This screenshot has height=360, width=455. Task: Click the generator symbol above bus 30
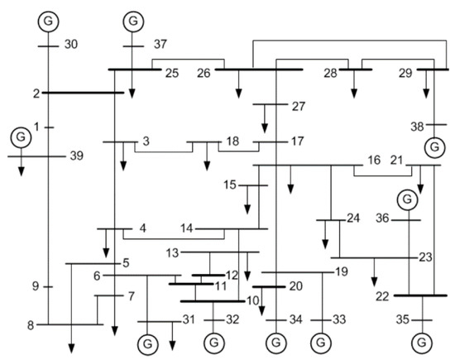(x=49, y=18)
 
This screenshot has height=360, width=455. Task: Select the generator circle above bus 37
(x=132, y=18)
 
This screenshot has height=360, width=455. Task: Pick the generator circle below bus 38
(x=432, y=147)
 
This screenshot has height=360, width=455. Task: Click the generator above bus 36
(x=406, y=199)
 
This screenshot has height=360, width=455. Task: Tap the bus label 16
(x=374, y=159)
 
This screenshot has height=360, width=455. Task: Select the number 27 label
(x=299, y=106)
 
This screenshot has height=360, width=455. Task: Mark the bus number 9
(x=36, y=286)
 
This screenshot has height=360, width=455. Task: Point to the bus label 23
(x=425, y=257)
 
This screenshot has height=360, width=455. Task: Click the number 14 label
(x=186, y=228)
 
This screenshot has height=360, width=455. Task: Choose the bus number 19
(x=341, y=271)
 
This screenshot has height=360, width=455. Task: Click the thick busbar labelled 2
(x=84, y=93)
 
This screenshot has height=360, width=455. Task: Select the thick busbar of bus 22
(x=420, y=295)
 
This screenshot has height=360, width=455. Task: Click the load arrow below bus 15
(x=247, y=204)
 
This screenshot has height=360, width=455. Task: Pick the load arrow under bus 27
(x=265, y=126)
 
